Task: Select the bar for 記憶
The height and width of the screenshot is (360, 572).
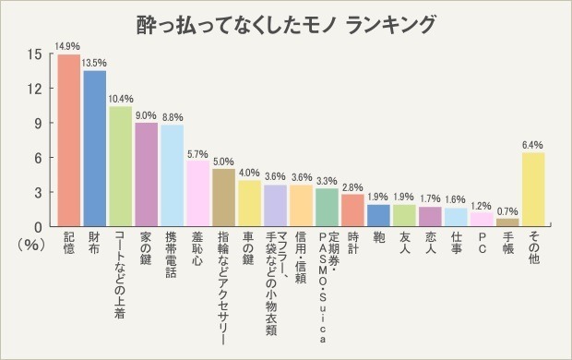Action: click(x=68, y=140)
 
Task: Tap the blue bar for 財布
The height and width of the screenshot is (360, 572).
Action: click(x=94, y=149)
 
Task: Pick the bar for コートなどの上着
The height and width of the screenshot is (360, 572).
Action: click(x=120, y=166)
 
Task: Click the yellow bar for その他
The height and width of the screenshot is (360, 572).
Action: click(x=533, y=189)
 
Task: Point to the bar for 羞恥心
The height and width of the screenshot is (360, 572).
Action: click(x=197, y=193)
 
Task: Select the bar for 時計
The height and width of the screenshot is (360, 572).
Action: click(x=352, y=210)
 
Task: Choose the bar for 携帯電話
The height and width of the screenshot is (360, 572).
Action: click(x=172, y=175)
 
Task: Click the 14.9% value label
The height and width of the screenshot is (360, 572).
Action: click(x=68, y=45)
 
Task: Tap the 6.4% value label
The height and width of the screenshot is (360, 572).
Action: click(x=533, y=144)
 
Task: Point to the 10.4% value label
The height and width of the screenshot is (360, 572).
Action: click(x=120, y=98)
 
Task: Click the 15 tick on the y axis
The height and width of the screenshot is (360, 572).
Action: click(x=34, y=54)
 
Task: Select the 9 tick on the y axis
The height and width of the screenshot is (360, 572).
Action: click(x=37, y=124)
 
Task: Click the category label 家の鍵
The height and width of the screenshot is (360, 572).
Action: click(x=146, y=254)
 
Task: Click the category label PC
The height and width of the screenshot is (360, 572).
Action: click(x=482, y=246)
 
